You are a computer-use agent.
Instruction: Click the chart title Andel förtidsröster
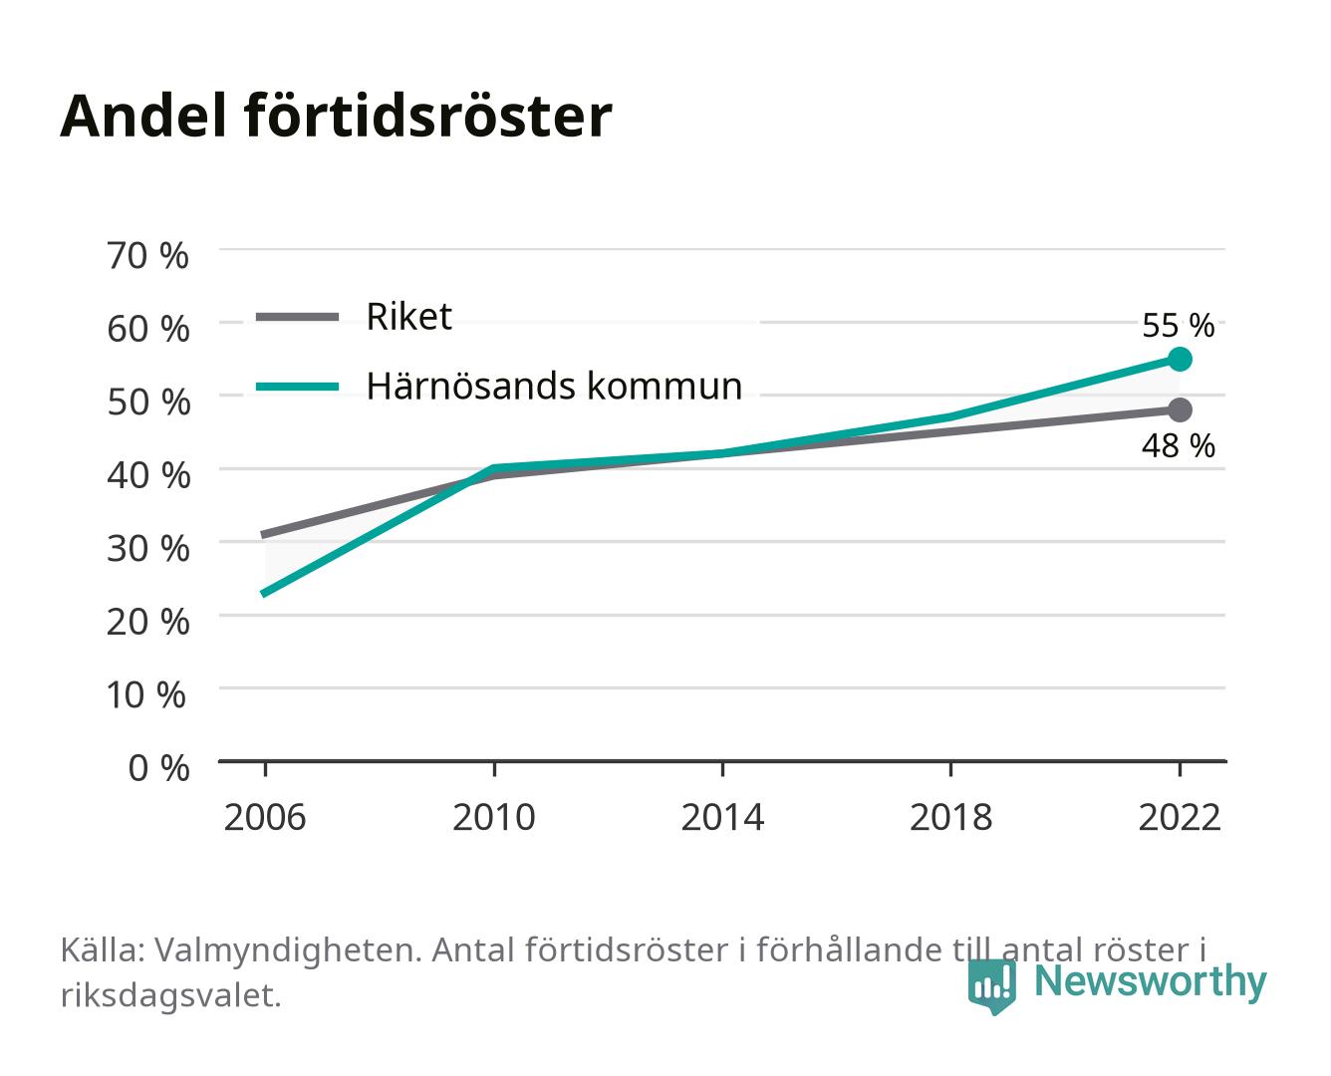[x=336, y=117]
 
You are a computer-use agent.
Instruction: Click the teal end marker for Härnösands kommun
[x=1180, y=360]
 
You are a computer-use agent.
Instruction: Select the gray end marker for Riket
[x=1180, y=410]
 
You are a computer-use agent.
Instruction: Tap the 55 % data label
[x=1178, y=326]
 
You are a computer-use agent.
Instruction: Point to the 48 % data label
[x=1178, y=446]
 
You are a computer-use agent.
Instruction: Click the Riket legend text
[x=408, y=316]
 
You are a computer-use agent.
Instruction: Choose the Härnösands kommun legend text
[x=554, y=386]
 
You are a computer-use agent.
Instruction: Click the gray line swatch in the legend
[x=298, y=318]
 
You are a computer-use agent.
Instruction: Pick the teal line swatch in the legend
[x=298, y=387]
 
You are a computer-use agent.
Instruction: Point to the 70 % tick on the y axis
[x=147, y=256]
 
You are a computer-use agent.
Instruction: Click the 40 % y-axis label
[x=148, y=475]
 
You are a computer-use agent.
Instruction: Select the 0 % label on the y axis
[x=158, y=768]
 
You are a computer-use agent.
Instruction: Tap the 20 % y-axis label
[x=148, y=622]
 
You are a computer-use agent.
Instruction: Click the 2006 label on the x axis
[x=265, y=817]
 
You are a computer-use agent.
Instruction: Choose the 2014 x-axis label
[x=722, y=817]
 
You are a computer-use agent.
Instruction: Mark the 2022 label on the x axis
[x=1180, y=817]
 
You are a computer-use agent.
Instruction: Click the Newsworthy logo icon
[x=992, y=986]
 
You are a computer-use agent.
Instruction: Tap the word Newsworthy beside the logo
[x=1151, y=982]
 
